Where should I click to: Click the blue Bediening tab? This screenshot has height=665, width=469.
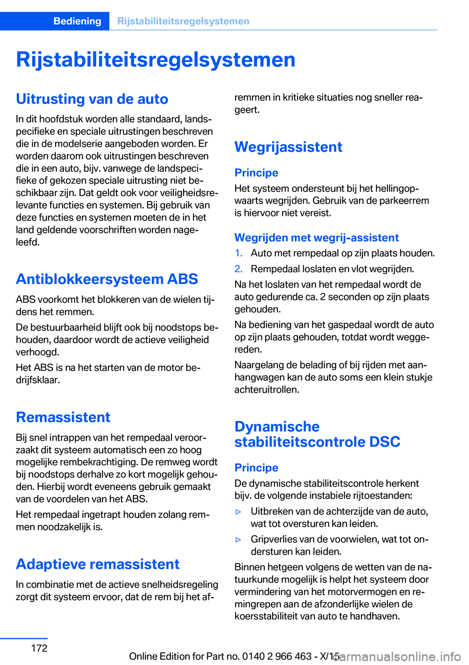77,21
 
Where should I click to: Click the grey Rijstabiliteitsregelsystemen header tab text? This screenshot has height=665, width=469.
183,21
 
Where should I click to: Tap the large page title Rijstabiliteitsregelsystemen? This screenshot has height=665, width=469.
155,60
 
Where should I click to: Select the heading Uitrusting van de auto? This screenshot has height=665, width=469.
92,99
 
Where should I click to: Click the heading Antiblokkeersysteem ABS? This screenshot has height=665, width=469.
107,279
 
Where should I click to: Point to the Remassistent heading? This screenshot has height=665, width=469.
63,417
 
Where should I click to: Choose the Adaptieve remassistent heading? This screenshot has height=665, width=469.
98,564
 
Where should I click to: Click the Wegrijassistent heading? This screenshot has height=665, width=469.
288,147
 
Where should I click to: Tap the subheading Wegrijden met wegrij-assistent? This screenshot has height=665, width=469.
317,238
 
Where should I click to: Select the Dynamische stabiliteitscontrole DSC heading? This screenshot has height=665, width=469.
317,434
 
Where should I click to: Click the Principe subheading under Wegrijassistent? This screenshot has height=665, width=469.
256,173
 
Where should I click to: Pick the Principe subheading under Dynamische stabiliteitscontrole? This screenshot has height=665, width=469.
256,468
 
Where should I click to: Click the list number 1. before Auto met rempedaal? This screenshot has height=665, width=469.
238,253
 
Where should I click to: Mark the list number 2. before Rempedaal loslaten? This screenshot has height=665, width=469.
238,269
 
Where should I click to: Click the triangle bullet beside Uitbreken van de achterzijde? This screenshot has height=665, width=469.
239,512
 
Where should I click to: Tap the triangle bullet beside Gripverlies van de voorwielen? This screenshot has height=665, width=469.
239,540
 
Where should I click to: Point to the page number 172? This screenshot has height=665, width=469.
39,648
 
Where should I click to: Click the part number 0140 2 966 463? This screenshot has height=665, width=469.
277,656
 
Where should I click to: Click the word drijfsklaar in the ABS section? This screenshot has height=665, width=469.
37,380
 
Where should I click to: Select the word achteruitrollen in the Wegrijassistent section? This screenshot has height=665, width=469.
266,390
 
